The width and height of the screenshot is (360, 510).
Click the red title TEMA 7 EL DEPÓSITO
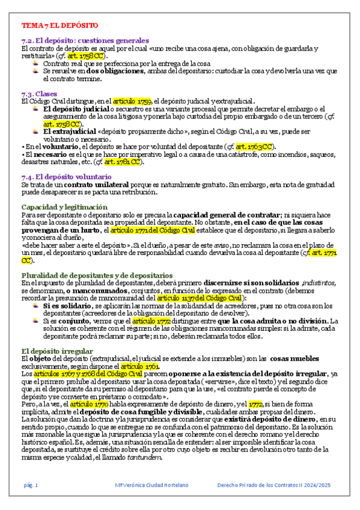(59, 26)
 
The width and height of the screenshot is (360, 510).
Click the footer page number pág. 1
(31, 485)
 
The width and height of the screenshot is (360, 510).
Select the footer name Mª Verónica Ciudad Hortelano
(153, 485)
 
